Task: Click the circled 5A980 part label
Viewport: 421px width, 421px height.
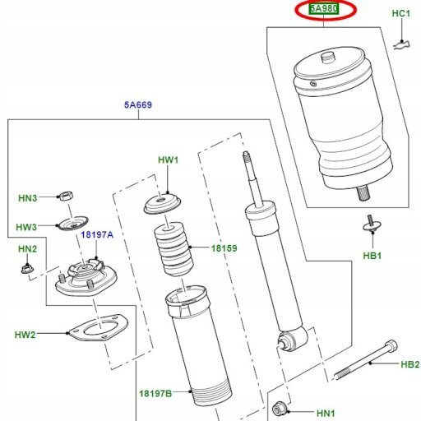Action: pyautogui.click(x=324, y=9)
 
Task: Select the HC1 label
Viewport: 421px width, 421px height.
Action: pyautogui.click(x=401, y=13)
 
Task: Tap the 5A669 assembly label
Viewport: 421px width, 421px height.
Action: pyautogui.click(x=138, y=104)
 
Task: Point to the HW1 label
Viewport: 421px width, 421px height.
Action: pyautogui.click(x=168, y=160)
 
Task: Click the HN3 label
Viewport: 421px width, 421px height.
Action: pyautogui.click(x=27, y=198)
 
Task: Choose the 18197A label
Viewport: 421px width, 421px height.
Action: pyautogui.click(x=97, y=234)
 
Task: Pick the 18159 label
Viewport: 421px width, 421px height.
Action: pyautogui.click(x=224, y=248)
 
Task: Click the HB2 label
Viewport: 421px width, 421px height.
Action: pyautogui.click(x=410, y=364)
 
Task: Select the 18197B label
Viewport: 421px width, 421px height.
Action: pyautogui.click(x=155, y=394)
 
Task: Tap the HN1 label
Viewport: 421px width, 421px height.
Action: pyautogui.click(x=326, y=413)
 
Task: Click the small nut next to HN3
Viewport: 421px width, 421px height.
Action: pyautogui.click(x=66, y=196)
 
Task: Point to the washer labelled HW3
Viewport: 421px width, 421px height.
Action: pyautogui.click(x=73, y=224)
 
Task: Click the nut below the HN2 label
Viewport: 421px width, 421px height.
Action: pyautogui.click(x=27, y=268)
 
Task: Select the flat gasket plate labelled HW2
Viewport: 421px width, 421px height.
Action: pyautogui.click(x=98, y=328)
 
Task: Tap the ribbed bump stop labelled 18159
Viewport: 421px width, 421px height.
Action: pyautogui.click(x=173, y=249)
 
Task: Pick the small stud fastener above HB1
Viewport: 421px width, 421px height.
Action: pyautogui.click(x=372, y=224)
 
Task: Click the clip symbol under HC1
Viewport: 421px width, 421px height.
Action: pyautogui.click(x=401, y=45)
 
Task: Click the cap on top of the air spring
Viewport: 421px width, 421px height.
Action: pyautogui.click(x=327, y=58)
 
